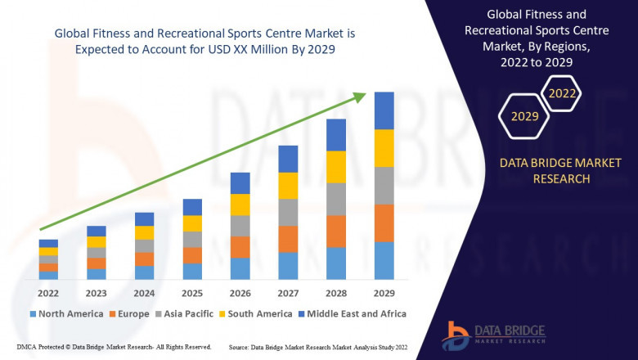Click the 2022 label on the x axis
click(48, 293)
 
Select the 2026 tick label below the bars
click(240, 293)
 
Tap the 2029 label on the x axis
click(384, 293)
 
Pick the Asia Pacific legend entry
click(185, 313)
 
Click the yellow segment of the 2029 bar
click(384, 148)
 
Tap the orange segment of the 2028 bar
click(335, 231)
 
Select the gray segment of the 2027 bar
click(288, 212)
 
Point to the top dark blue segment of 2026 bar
click(240, 182)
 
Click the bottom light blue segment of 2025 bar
click(192, 271)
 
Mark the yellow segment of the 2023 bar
click(97, 241)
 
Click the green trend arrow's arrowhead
click(359, 97)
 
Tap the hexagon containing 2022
click(562, 94)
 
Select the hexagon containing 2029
click(524, 117)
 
